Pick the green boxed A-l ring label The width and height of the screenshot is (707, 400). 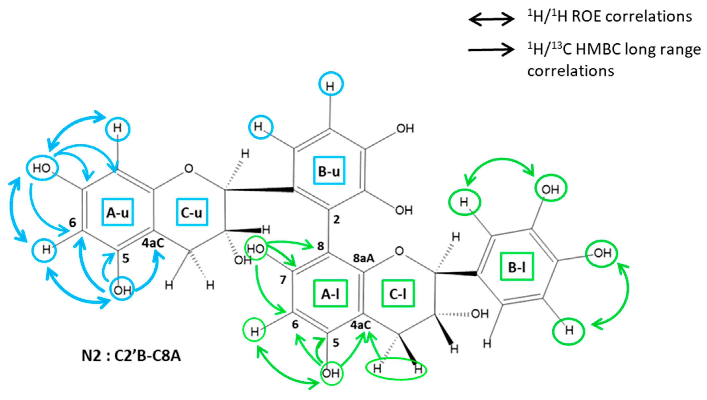(331, 294)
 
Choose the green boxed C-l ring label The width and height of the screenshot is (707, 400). (398, 294)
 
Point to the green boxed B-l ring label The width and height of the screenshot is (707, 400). (517, 266)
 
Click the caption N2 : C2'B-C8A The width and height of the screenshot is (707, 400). (131, 356)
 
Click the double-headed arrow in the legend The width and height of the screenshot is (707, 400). (491, 19)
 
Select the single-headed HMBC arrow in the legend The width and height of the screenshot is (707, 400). (491, 50)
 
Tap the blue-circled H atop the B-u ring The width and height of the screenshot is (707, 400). (331, 84)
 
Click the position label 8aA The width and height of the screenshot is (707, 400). (363, 258)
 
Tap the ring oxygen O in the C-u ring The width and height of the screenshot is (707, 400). (189, 169)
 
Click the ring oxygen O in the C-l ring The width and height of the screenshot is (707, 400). (399, 251)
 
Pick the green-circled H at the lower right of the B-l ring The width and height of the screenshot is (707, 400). (568, 331)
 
